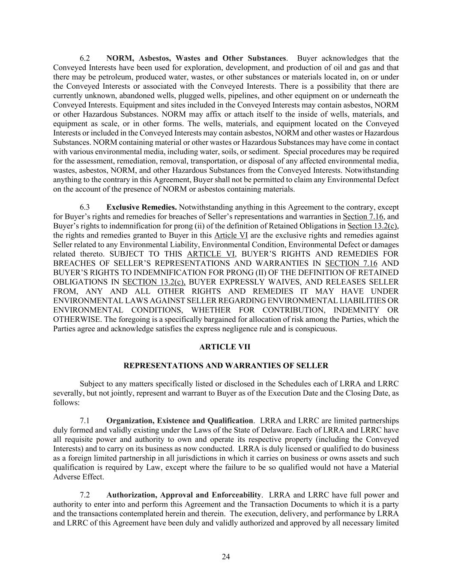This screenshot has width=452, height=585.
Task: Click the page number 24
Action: [226, 557]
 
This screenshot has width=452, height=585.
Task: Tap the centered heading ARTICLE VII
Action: [225, 347]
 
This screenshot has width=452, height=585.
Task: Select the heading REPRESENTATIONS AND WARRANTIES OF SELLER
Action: [226, 366]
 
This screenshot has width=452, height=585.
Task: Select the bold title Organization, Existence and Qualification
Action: [180, 421]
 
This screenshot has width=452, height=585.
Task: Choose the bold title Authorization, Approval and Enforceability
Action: [184, 495]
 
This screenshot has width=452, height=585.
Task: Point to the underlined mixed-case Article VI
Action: [231, 235]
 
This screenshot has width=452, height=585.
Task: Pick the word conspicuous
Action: [316, 329]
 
